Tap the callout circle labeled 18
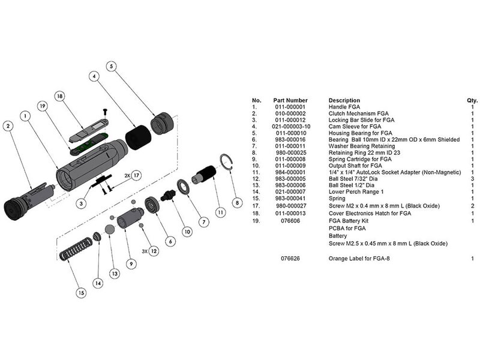pos(59,96)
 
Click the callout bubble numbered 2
pos(8,126)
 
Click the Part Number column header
pos(290,100)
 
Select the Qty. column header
pos(472,100)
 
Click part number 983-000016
pos(290,140)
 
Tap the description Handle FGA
pos(346,107)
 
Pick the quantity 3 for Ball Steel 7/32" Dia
pos(473,179)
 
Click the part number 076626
pos(290,259)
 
